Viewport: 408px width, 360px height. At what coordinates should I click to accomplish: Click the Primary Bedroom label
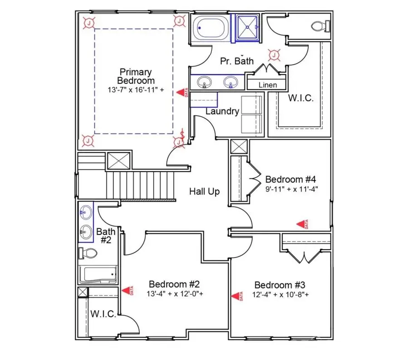136,76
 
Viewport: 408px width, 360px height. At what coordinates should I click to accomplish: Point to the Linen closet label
267,85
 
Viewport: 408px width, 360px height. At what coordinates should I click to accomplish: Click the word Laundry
222,111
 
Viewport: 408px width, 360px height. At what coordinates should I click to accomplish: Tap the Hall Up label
204,192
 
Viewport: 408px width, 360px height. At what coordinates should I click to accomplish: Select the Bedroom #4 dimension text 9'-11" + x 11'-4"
292,189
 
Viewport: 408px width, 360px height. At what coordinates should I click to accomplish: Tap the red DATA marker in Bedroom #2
127,291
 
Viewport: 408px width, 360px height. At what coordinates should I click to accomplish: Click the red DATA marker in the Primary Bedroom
182,92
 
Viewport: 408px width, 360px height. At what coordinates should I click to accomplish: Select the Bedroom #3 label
280,285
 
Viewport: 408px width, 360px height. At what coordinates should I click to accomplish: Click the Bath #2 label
105,236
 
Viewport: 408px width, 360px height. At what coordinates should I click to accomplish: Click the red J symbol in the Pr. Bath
274,55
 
